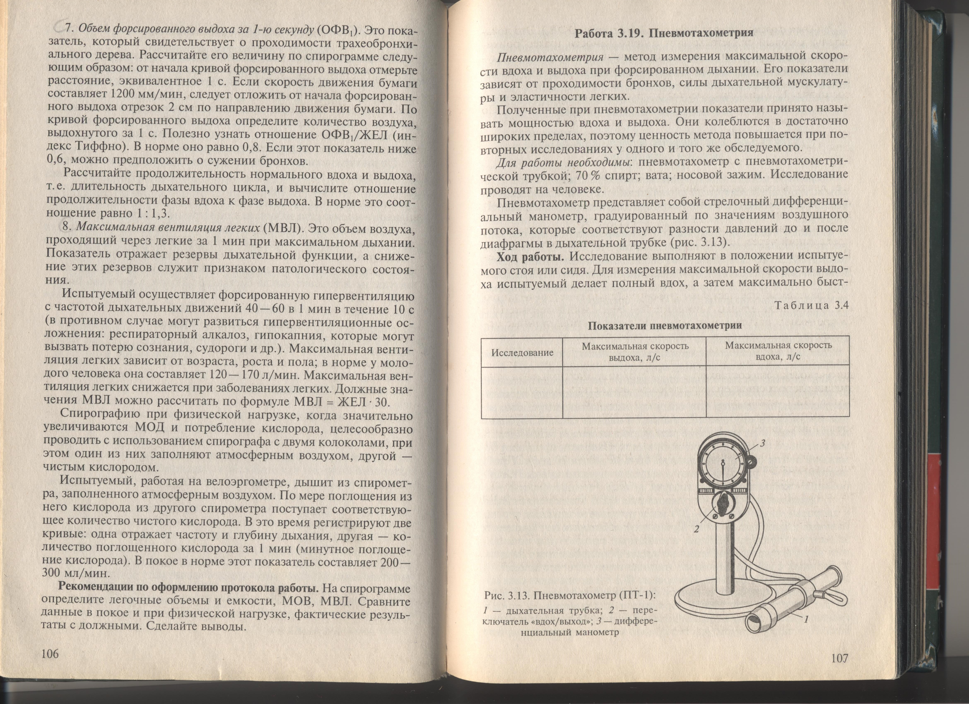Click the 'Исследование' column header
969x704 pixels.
pyautogui.click(x=522, y=352)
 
